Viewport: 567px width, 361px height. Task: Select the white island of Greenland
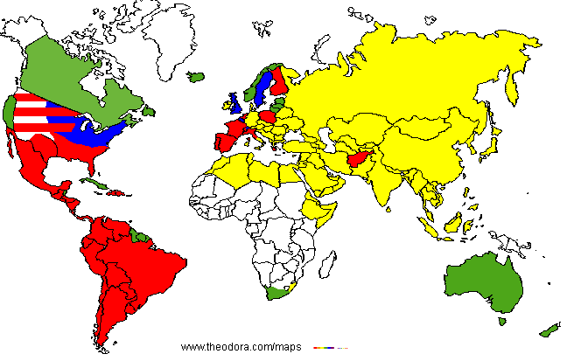179,35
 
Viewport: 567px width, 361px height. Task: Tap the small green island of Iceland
195,78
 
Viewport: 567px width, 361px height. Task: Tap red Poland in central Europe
269,115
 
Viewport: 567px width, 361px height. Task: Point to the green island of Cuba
90,183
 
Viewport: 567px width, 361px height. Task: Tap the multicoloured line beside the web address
331,348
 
